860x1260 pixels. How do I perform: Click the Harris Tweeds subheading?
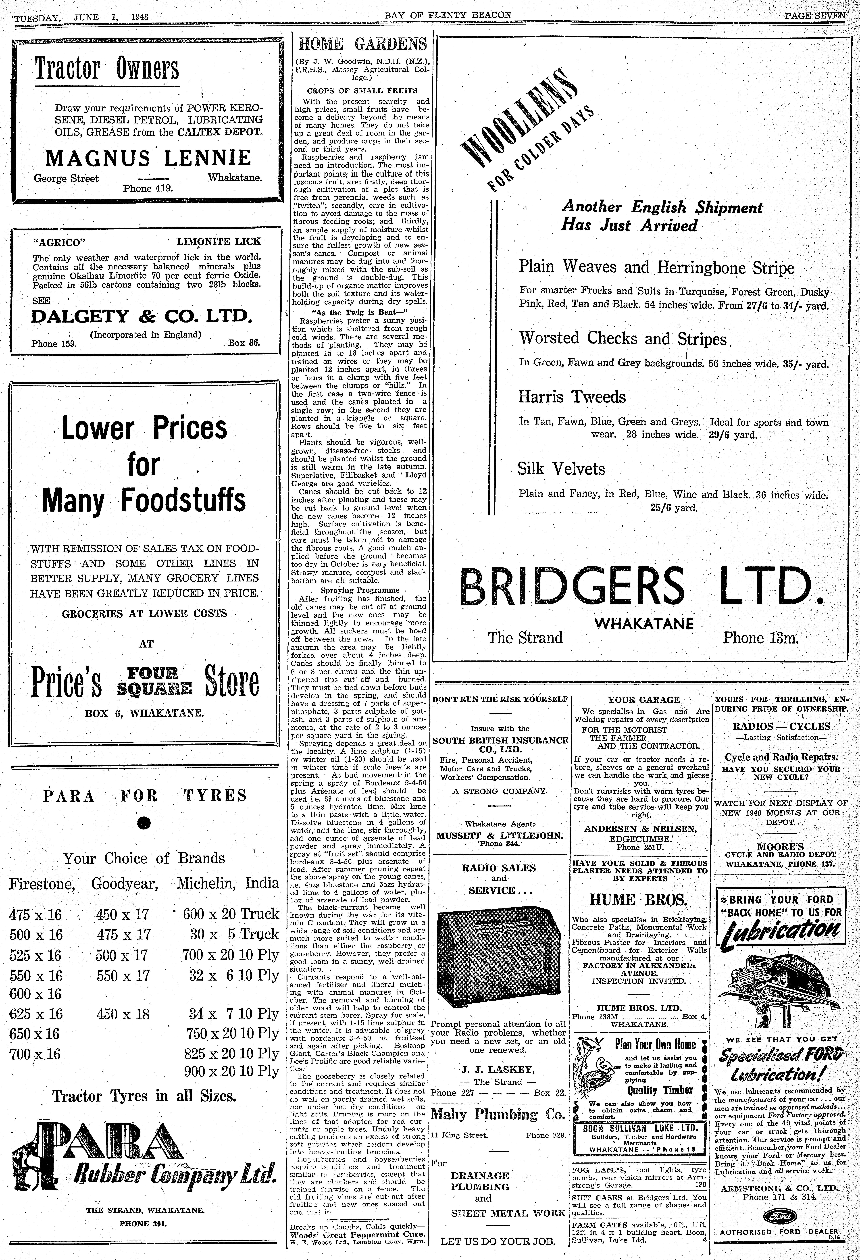click(572, 397)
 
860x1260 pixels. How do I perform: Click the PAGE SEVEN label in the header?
click(814, 15)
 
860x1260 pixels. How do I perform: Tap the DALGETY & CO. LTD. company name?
click(142, 316)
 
